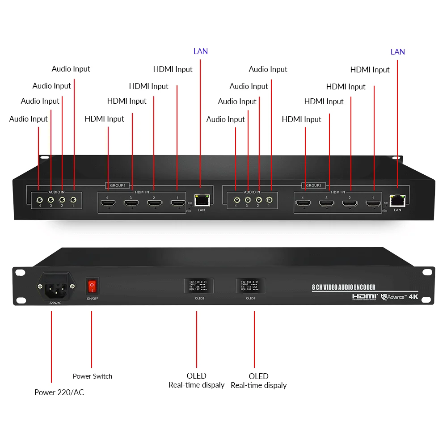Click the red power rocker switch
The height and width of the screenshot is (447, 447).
(92, 285)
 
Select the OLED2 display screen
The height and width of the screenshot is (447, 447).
(198, 285)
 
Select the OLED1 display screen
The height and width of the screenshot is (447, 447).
(250, 285)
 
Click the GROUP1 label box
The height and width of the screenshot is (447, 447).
(118, 185)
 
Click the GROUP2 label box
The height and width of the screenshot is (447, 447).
(314, 185)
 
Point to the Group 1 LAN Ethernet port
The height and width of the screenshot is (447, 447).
(201, 200)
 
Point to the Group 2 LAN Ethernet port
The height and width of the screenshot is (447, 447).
(397, 200)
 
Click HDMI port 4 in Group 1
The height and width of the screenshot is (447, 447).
(107, 203)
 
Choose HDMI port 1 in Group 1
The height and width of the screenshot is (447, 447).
(177, 203)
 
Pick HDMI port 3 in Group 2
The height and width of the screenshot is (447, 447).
(326, 204)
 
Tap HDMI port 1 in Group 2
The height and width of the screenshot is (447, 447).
(373, 204)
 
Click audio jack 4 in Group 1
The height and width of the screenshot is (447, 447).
(40, 200)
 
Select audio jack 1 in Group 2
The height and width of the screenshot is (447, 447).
(269, 200)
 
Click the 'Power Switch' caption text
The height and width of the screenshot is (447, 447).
(93, 376)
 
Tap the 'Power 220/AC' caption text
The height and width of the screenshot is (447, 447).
(59, 392)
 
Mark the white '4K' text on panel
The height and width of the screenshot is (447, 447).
(413, 296)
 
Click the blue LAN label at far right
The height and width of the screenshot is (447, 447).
(397, 52)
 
